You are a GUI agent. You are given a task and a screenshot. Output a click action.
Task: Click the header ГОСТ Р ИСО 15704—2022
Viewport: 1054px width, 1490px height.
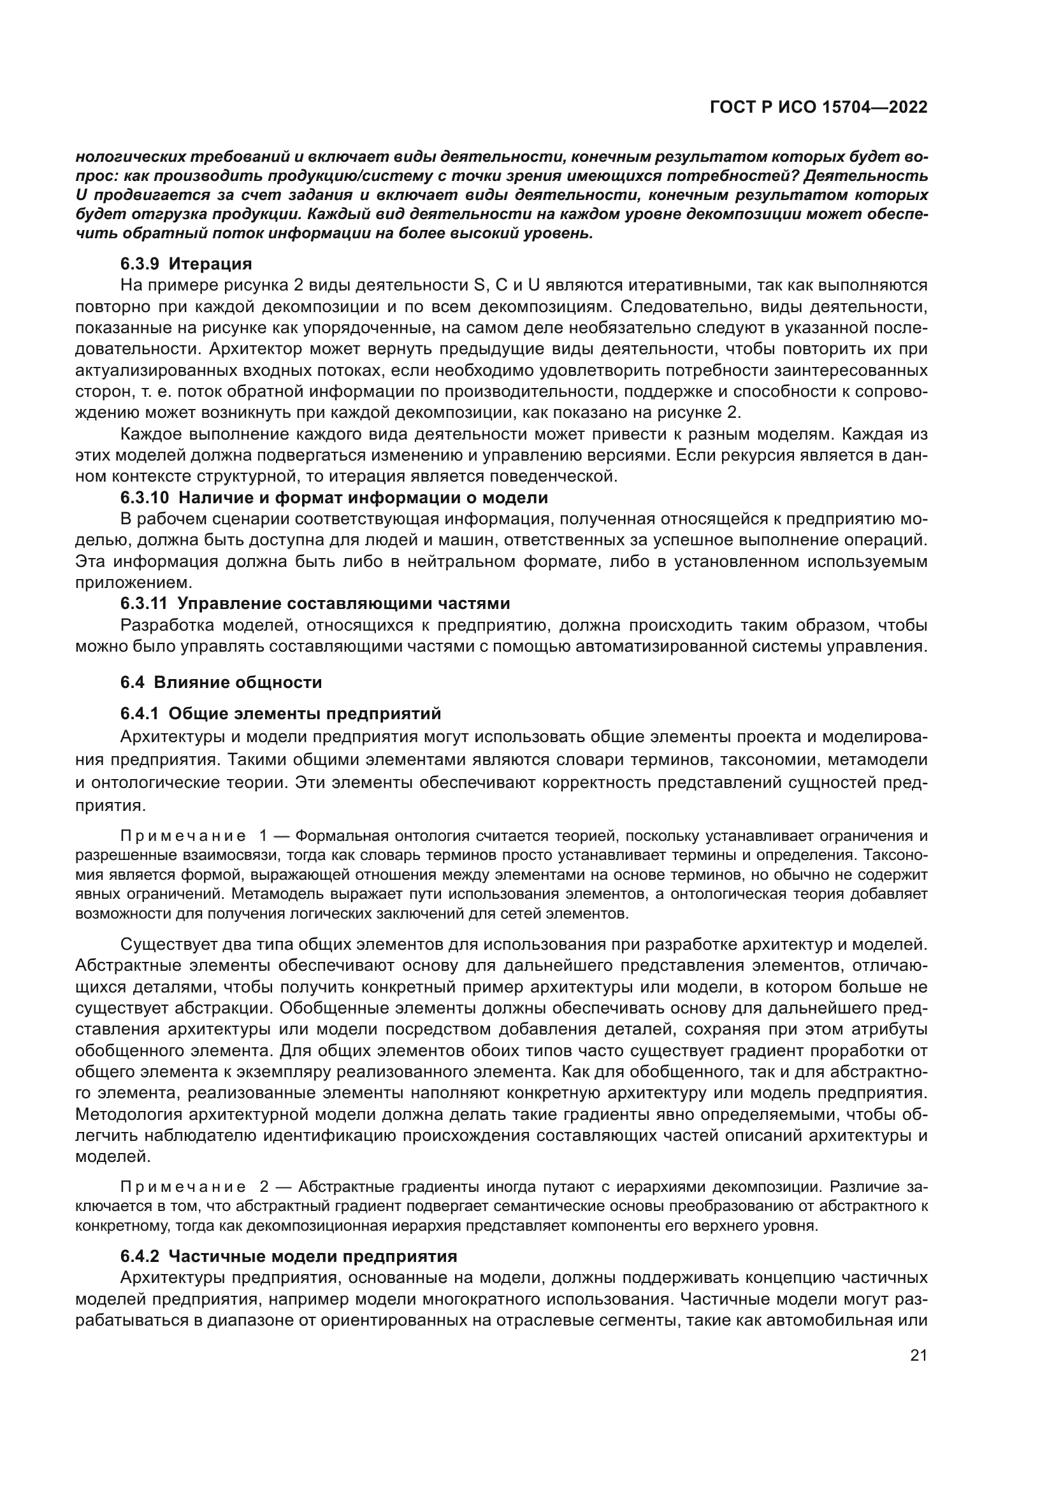[x=818, y=107]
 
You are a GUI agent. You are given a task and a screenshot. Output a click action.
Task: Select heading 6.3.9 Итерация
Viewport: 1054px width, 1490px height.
[x=186, y=264]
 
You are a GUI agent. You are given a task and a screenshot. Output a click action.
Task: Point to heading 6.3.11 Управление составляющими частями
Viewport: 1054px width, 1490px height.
[x=315, y=603]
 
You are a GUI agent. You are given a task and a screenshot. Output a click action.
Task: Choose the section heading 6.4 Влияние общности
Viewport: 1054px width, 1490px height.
[x=220, y=682]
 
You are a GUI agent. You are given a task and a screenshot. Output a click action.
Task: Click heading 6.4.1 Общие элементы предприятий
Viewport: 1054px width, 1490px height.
[x=280, y=714]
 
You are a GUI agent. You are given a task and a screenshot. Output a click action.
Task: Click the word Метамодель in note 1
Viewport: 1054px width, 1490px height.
[x=278, y=895]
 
